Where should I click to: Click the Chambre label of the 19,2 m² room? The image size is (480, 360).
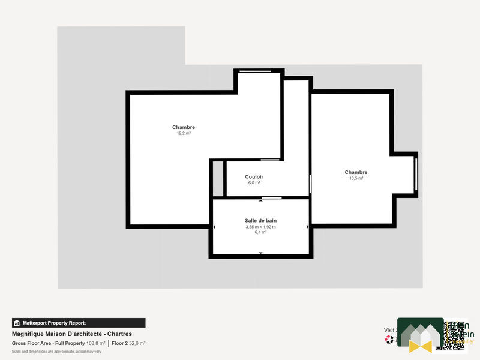[184, 127]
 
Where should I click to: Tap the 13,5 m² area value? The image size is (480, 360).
[356, 178]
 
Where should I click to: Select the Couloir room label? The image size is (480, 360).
[254, 176]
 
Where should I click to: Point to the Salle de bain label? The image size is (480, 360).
[260, 221]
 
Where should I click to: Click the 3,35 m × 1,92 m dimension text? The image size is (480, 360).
[260, 227]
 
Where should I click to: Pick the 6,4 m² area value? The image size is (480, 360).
[260, 232]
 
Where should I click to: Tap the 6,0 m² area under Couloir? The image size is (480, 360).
[254, 182]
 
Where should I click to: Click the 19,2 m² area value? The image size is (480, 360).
[184, 133]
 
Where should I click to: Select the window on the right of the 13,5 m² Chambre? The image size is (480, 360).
[416, 174]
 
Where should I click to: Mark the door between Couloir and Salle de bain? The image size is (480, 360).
[271, 197]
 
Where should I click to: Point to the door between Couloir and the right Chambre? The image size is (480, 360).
[310, 183]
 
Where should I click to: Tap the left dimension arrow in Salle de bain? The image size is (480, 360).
[215, 227]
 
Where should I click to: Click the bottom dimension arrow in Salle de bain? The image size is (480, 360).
[260, 253]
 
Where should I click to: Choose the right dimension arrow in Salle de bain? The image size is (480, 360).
[307, 227]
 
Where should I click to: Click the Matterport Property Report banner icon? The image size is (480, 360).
[17, 323]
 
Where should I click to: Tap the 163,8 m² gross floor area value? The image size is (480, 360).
[96, 343]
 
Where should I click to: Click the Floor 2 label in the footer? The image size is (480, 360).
[119, 343]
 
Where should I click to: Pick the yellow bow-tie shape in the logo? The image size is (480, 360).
[420, 346]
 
